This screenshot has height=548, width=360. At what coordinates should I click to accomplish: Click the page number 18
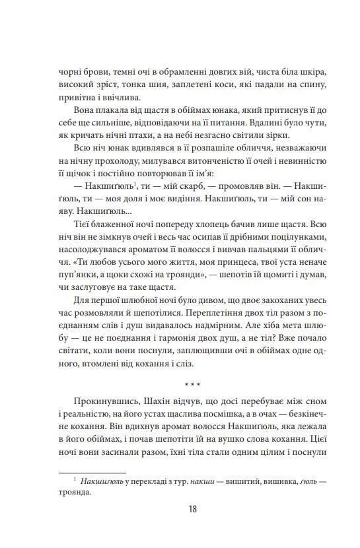tap(192, 509)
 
